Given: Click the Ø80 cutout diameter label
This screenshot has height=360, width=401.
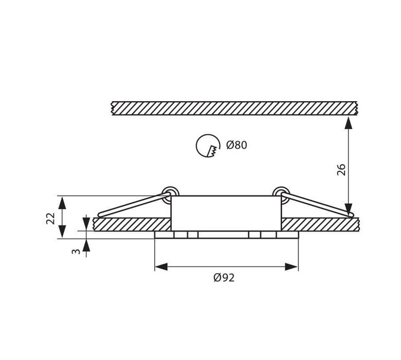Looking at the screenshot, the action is click(x=236, y=145).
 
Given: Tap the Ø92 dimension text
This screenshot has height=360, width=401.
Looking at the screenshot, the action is click(x=224, y=277).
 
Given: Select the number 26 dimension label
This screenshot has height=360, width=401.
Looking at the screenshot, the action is click(x=341, y=169).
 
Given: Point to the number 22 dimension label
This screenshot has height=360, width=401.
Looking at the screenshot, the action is click(x=50, y=218).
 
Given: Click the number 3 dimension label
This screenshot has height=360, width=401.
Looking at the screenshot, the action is click(x=76, y=252).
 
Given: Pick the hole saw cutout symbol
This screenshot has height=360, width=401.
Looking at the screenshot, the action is click(x=208, y=146).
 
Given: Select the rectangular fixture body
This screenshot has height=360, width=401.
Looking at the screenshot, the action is click(x=226, y=213).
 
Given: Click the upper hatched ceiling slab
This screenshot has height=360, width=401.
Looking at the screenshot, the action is click(x=234, y=108).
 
